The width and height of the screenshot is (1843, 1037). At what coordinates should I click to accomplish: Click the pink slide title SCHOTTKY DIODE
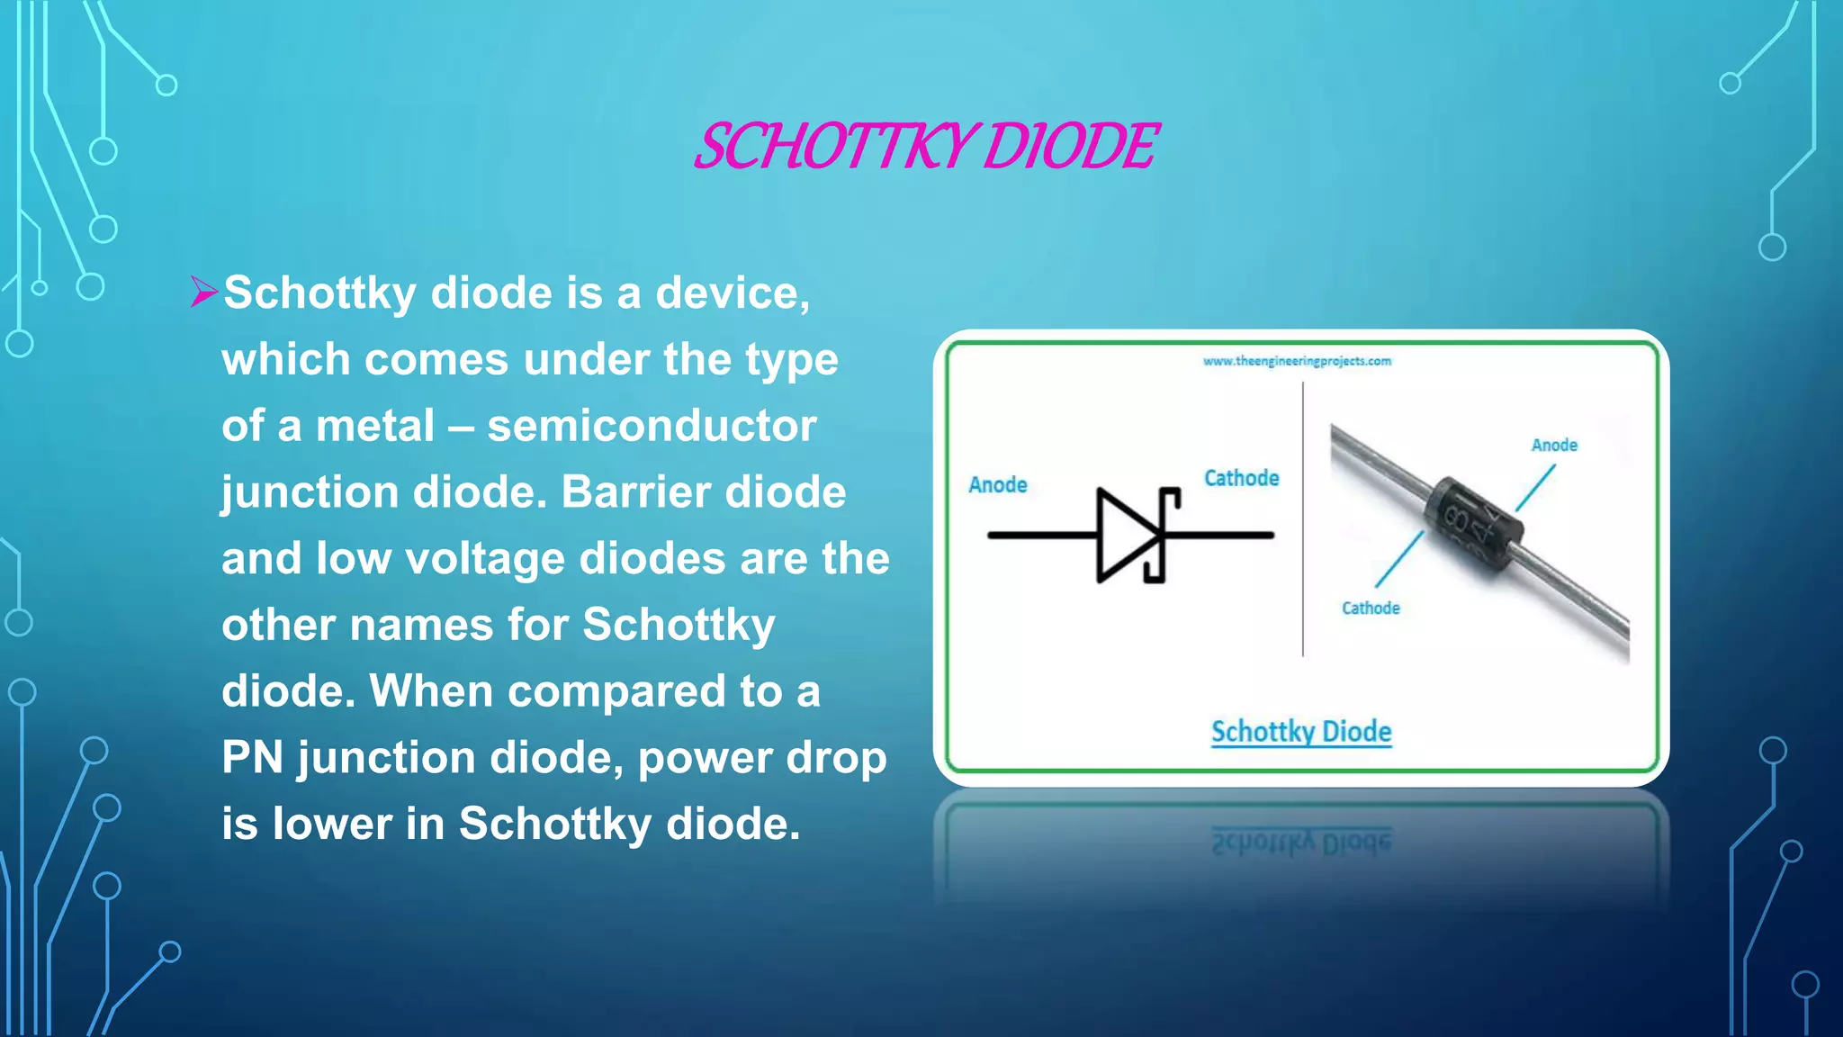click(927, 147)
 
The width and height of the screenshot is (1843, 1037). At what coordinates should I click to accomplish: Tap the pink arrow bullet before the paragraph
click(204, 293)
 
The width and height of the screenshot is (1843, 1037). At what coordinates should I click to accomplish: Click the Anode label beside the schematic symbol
click(998, 485)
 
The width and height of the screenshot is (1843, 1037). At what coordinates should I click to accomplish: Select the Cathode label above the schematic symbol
click(1241, 478)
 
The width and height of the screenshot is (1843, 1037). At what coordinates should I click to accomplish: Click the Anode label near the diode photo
click(1554, 445)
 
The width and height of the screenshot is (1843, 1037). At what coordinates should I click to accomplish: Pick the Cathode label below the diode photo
click(1371, 609)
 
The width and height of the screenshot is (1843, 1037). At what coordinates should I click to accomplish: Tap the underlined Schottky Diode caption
click(1301, 732)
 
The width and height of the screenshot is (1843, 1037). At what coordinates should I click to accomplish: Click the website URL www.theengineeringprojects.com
click(1297, 361)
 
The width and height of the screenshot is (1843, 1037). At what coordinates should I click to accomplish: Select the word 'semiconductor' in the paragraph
click(652, 426)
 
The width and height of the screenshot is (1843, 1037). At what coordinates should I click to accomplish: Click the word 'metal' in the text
click(375, 426)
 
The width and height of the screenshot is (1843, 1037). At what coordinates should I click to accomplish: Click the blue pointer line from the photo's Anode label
click(1535, 488)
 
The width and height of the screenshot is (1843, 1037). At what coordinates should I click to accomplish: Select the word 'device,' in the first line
click(733, 293)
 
